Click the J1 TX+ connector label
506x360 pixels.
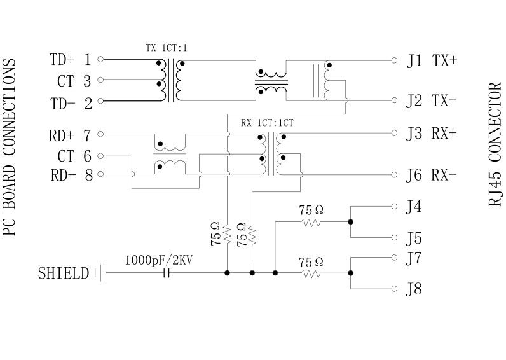point(432,60)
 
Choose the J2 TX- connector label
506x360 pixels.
point(432,100)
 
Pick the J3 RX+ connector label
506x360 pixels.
point(432,134)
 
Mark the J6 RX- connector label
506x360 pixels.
point(432,175)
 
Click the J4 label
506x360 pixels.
point(414,206)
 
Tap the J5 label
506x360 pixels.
point(414,239)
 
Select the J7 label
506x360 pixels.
point(414,258)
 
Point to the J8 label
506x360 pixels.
point(414,290)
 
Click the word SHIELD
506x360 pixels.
point(63,274)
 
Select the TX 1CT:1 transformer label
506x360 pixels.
point(166,47)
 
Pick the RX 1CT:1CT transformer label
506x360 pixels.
point(266,122)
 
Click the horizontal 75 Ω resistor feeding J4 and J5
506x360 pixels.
point(311,222)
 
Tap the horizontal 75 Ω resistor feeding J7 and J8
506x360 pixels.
point(311,273)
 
